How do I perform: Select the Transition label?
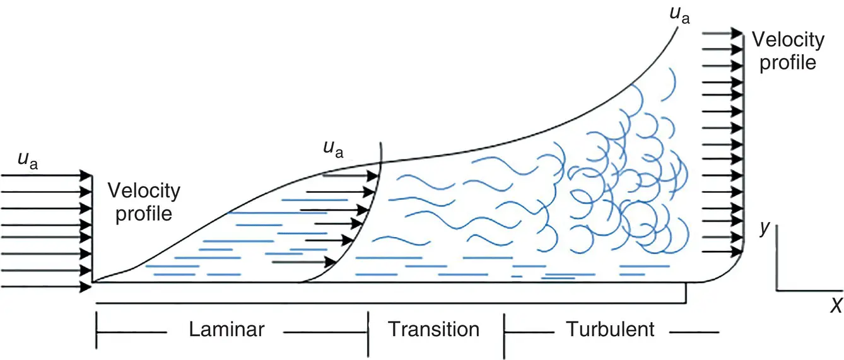[433, 329]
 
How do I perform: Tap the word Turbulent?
[610, 329]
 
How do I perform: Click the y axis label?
[765, 228]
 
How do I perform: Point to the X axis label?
[836, 306]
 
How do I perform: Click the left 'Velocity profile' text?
[143, 202]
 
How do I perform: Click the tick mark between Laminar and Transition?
[368, 328]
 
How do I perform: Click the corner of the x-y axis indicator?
[777, 291]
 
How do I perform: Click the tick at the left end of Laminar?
[97, 328]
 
